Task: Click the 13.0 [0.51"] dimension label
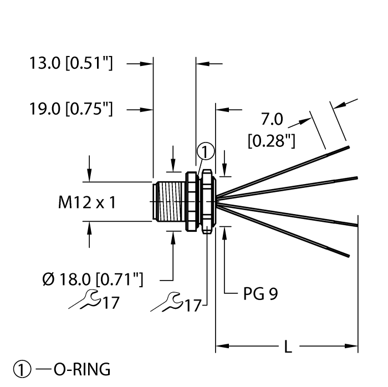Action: tap(71, 64)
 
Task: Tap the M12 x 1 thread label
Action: tap(87, 203)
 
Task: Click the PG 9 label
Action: tap(260, 294)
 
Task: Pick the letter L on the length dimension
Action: tap(287, 348)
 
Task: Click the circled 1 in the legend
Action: tap(18, 369)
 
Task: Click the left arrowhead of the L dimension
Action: tap(219, 348)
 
